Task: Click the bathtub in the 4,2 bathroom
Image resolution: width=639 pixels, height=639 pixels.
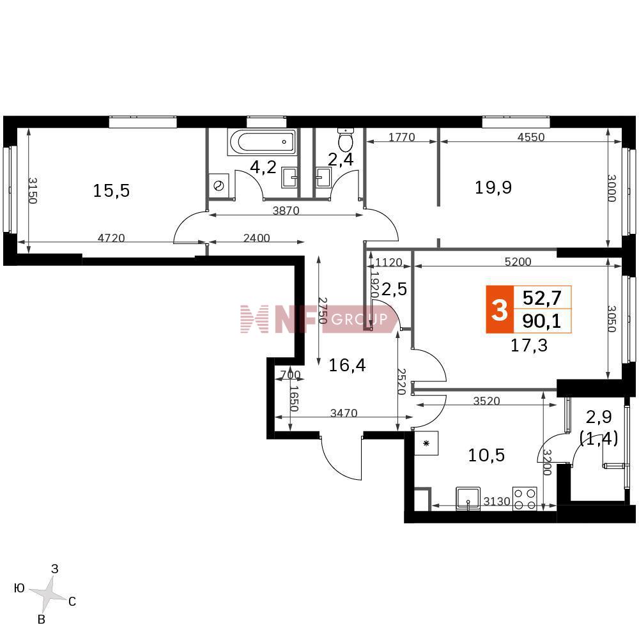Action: click(261, 142)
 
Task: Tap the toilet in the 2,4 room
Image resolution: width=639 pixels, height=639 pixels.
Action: click(346, 139)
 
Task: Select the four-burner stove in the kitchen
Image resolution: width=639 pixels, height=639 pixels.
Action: click(525, 499)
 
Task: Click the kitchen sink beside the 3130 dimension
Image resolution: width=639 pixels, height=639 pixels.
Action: click(468, 498)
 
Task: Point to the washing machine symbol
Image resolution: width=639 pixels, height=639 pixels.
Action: click(219, 186)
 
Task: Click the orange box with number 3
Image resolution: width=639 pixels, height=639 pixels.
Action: click(500, 310)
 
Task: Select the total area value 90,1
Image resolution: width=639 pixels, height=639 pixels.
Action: click(542, 321)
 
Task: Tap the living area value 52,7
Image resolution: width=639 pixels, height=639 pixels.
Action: click(542, 298)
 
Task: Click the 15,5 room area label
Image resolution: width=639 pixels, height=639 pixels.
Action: click(111, 190)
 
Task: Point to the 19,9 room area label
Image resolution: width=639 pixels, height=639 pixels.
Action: click(493, 187)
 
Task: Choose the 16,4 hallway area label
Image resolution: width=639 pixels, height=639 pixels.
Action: click(347, 365)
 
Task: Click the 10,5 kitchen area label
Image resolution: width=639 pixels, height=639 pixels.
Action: click(486, 455)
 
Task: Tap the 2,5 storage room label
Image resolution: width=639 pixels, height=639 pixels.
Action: click(394, 289)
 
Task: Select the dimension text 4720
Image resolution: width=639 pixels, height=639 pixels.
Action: click(111, 238)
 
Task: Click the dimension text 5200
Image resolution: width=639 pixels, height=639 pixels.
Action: click(518, 261)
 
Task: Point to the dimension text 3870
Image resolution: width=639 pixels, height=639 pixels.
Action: click(286, 210)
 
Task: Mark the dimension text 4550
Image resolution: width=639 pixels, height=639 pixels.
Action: click(531, 137)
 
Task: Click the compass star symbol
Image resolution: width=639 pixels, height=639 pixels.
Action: click(49, 594)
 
